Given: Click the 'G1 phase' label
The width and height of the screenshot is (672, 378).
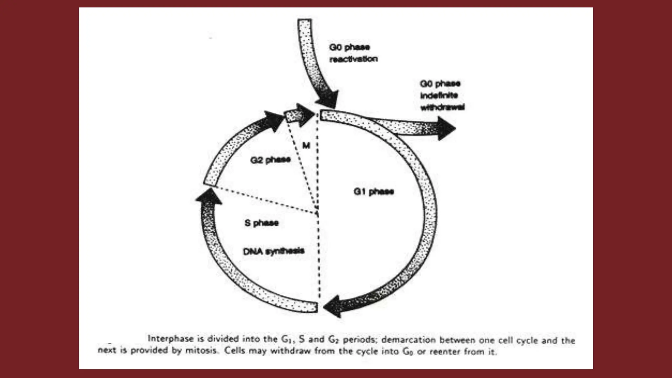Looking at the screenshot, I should pyautogui.click(x=373, y=191).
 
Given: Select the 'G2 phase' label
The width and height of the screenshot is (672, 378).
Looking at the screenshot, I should pyautogui.click(x=270, y=160).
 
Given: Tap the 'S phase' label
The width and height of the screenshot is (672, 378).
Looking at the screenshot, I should pyautogui.click(x=262, y=223).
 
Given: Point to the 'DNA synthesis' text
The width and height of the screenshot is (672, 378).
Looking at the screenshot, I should pyautogui.click(x=274, y=251).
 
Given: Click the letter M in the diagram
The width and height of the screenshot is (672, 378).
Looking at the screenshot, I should pyautogui.click(x=306, y=145).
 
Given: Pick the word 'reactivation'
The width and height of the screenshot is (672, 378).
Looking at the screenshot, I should pyautogui.click(x=353, y=59).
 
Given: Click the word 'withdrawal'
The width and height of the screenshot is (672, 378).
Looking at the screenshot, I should pyautogui.click(x=442, y=107).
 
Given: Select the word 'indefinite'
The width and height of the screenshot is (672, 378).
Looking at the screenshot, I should pyautogui.click(x=439, y=95).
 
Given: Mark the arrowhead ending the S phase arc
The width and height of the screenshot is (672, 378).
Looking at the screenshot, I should pyautogui.click(x=209, y=197).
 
